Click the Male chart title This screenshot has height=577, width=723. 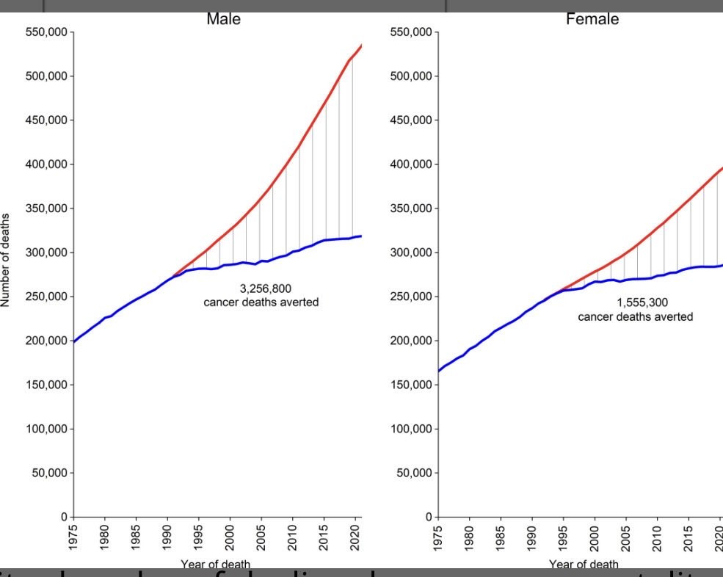[x=223, y=20]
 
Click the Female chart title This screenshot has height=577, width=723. [x=592, y=20]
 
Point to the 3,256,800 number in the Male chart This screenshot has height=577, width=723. [x=261, y=288]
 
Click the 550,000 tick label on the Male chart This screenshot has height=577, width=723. [x=46, y=32]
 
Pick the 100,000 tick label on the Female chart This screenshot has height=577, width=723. [x=411, y=429]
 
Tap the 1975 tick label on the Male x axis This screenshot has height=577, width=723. [x=73, y=537]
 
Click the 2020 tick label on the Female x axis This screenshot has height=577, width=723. [x=719, y=537]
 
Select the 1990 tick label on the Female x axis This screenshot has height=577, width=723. [x=531, y=537]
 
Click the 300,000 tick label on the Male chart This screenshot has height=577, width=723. [x=46, y=253]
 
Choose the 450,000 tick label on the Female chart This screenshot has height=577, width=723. [x=411, y=120]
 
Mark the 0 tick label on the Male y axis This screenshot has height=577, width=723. [x=65, y=517]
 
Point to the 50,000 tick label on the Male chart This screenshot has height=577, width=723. [x=49, y=473]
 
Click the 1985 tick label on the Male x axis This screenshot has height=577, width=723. [x=136, y=537]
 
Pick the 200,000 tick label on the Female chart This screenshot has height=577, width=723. [x=411, y=341]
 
